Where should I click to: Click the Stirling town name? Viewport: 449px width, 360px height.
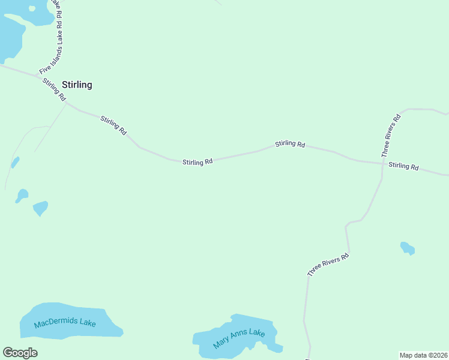[x=77, y=85]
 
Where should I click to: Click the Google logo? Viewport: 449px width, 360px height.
[x=20, y=353]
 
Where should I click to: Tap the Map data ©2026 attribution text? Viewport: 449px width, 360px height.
[x=423, y=355]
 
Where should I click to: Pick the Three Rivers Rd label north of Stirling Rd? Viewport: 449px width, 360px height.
[x=391, y=136]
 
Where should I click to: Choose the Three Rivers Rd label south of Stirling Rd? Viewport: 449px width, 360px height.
[x=328, y=265]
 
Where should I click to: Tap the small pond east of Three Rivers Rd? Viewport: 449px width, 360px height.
[x=408, y=247]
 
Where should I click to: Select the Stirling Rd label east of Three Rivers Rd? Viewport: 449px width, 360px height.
[x=403, y=166]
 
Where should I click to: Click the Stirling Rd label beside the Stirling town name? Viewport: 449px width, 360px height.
[x=54, y=89]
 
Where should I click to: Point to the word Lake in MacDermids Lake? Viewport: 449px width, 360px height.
[x=86, y=323]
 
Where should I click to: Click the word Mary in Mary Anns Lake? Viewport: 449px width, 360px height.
[x=221, y=344]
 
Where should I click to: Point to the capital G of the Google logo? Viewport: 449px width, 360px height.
[x=8, y=353]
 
